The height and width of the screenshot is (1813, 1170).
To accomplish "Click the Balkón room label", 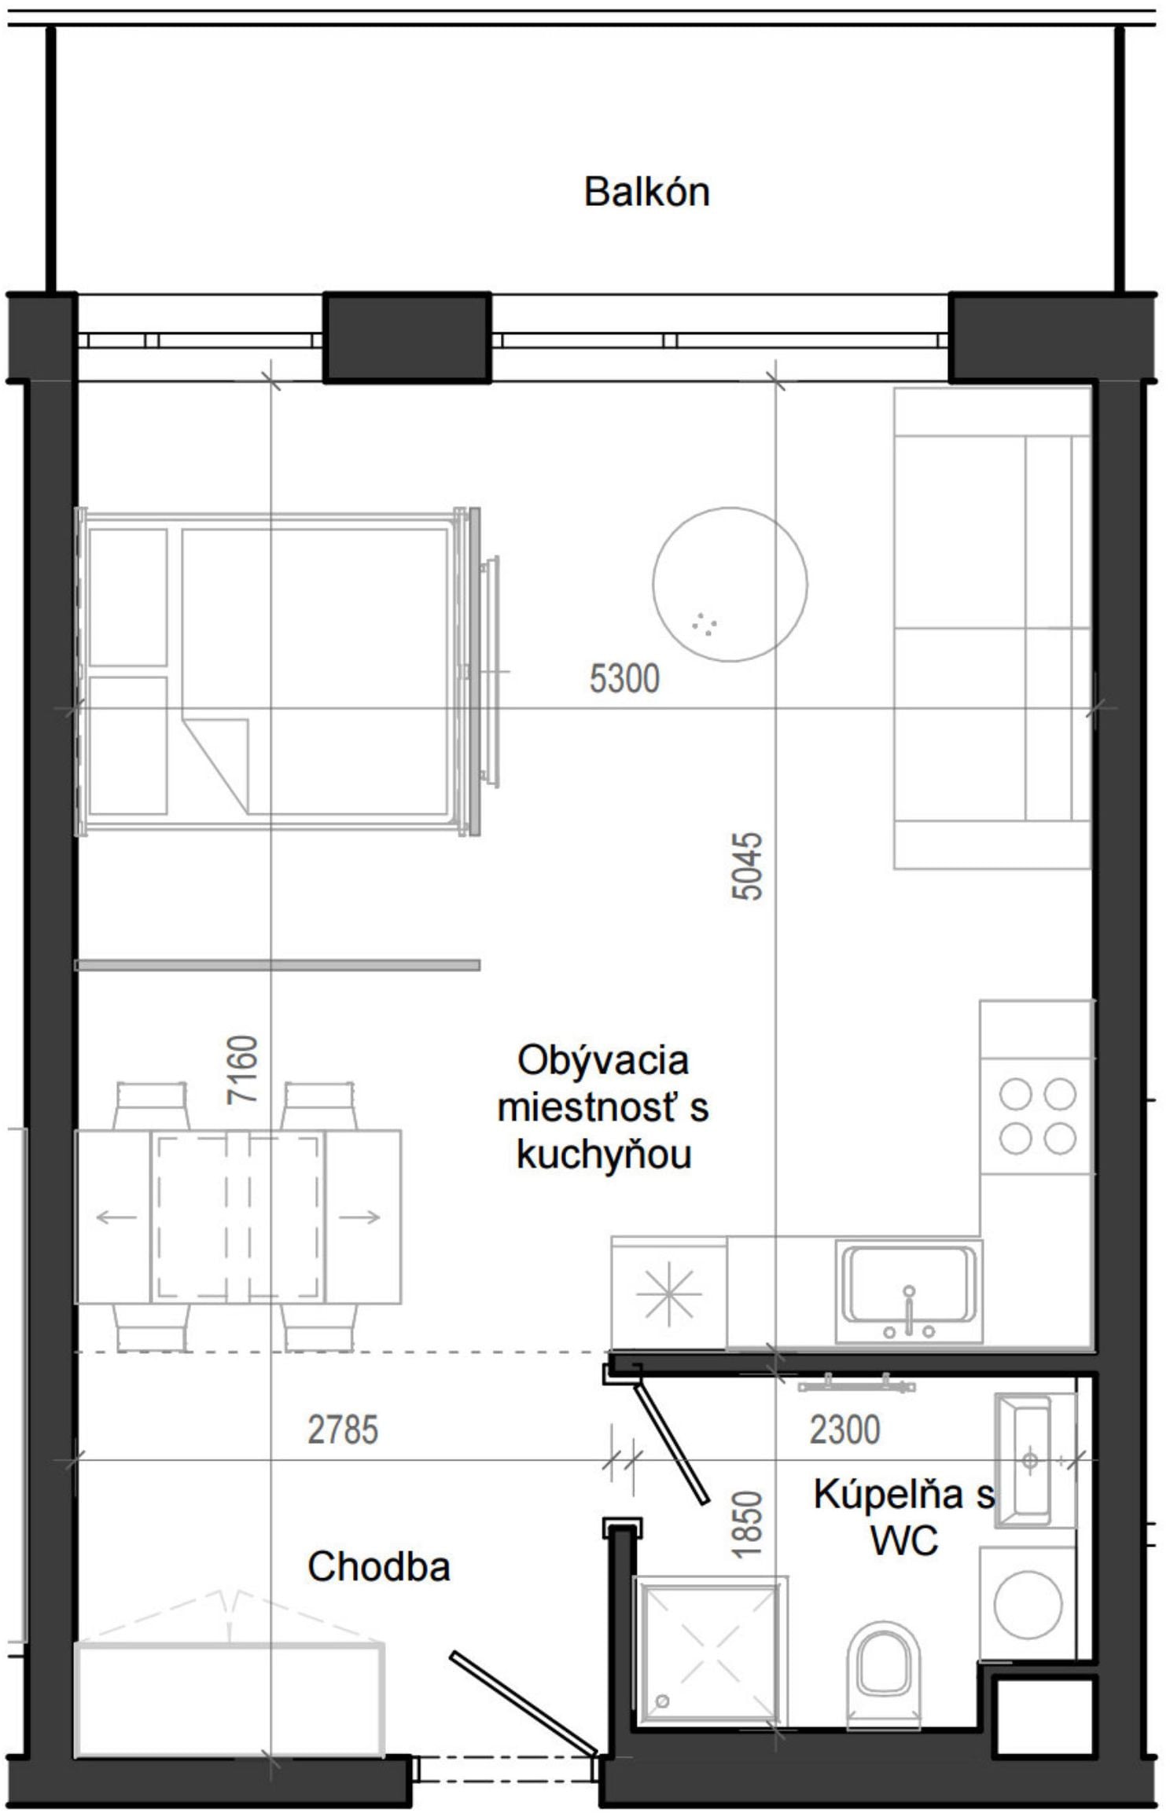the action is [x=646, y=193].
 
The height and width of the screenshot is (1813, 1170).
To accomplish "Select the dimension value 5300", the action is [x=624, y=678].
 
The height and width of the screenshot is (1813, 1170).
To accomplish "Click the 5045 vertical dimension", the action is [x=746, y=865].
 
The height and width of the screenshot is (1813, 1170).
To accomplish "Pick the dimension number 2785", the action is [x=343, y=1429].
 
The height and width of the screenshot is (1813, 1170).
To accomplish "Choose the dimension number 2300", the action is [x=844, y=1429].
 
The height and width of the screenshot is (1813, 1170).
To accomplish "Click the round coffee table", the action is [x=730, y=584].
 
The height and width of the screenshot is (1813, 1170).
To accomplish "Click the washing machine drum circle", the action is [x=1028, y=1603].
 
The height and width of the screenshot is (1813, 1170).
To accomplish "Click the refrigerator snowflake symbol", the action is [x=668, y=1293].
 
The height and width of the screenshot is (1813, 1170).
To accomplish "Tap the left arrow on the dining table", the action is [x=116, y=1217].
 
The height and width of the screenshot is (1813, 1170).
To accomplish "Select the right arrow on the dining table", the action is [x=360, y=1217].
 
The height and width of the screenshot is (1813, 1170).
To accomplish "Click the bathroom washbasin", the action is [x=1031, y=1461].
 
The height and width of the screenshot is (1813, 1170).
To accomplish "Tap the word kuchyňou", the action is [x=604, y=1154].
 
